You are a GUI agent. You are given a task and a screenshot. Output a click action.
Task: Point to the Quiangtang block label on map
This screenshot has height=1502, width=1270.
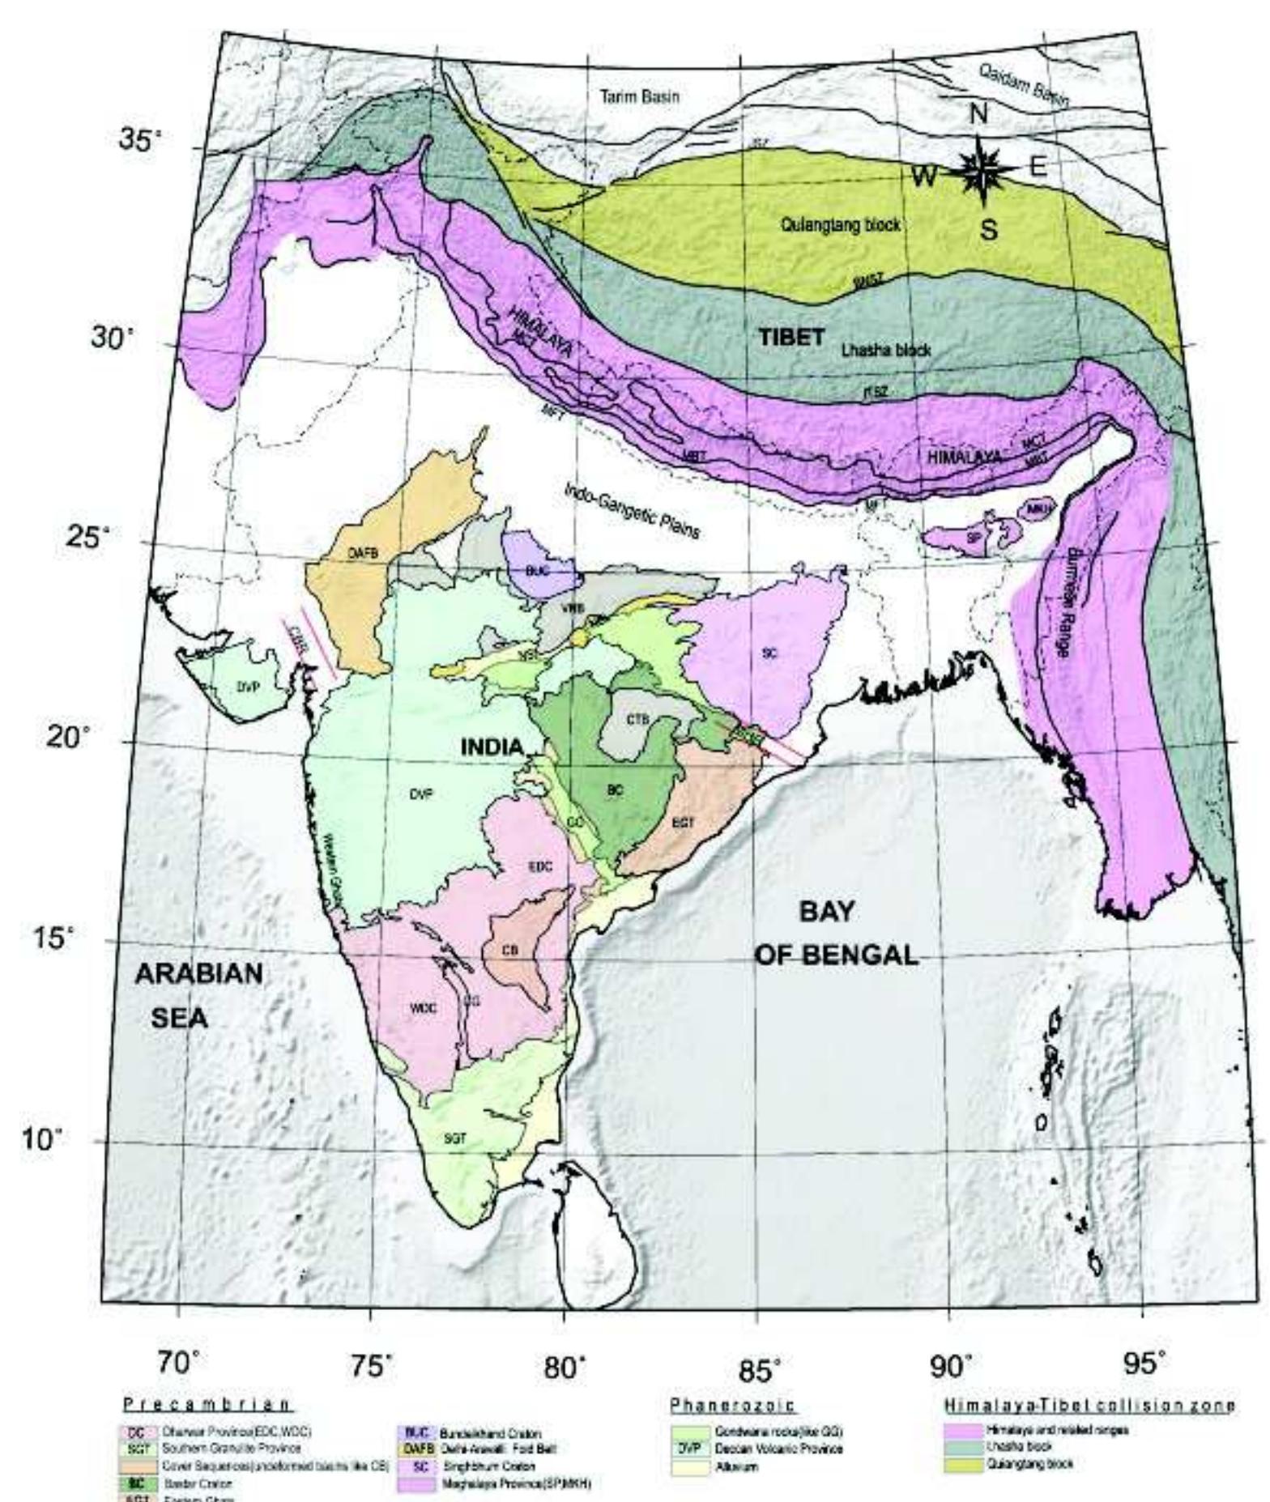click(840, 225)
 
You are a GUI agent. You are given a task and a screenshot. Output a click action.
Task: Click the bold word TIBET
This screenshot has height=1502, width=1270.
click(791, 338)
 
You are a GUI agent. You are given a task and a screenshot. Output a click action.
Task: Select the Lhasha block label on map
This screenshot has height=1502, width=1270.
click(886, 351)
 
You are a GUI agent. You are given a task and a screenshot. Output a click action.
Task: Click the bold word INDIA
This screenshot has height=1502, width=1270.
click(492, 747)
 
